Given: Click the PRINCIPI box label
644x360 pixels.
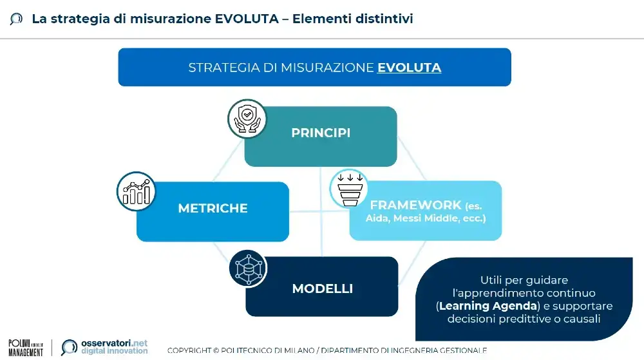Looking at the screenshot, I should coord(321,133).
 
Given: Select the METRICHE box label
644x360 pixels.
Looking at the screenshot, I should coord(213,209).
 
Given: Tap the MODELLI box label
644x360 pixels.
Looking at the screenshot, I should coord(322,289).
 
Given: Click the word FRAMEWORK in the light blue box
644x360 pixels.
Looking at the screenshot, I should coord(415,205).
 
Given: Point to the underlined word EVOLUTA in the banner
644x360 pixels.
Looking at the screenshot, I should coord(409,68).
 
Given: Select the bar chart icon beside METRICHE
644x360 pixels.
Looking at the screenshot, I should coord(136,191).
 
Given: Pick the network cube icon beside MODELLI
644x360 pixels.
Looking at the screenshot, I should coord(248,269).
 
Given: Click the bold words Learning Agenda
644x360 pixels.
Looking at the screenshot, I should coord(480,306).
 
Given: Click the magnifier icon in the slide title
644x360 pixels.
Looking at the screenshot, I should coord(16,19).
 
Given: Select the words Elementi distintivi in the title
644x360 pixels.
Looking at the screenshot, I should coord(352,19).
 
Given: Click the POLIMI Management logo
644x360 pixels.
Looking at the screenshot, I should coord(26,347).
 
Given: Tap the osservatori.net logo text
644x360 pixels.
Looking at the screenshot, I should coord(114,344).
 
